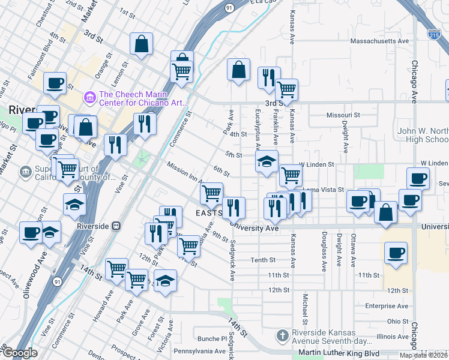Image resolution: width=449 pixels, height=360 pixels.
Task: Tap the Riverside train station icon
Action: point(118,226)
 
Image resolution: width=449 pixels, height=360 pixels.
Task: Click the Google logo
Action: point(19,353)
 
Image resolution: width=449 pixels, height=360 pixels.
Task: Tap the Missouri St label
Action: point(343,115)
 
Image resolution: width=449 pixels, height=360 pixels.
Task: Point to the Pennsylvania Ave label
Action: point(200,350)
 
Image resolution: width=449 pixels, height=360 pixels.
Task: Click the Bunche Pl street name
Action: point(210,338)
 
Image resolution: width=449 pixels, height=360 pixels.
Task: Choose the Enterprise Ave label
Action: point(388,306)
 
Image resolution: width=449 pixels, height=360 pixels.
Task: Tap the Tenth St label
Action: point(263,260)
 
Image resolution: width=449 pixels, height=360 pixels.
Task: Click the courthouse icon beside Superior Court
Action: point(25,173)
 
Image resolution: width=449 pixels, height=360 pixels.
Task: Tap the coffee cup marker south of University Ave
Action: point(396,253)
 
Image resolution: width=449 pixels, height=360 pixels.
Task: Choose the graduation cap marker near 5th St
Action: point(267,161)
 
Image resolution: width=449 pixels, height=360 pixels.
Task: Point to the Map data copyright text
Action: point(423,355)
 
